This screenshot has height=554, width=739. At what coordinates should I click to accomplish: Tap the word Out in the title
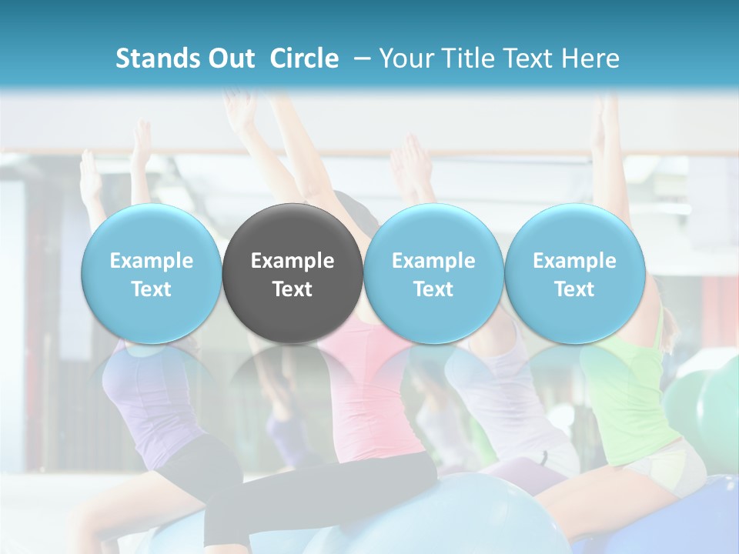[229, 58]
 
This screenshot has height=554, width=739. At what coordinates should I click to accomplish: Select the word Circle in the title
[304, 58]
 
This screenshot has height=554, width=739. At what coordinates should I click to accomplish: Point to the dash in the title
[359, 58]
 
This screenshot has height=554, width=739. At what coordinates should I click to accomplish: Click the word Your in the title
[404, 58]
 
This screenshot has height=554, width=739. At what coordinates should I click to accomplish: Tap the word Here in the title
[590, 58]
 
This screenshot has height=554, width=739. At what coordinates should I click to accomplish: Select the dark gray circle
[293, 231]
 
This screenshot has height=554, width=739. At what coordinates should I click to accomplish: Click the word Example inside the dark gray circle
[293, 261]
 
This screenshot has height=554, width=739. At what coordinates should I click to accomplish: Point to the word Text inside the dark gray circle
[293, 289]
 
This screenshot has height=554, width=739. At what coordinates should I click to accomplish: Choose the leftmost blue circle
[151, 231]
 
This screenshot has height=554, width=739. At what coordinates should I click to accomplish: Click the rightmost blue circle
[574, 231]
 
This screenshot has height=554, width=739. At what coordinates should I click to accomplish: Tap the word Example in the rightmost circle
[574, 261]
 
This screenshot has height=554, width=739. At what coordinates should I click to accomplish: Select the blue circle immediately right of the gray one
[433, 231]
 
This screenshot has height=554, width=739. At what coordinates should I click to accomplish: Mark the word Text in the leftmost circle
[151, 289]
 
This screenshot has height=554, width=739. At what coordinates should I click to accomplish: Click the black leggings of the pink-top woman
[323, 492]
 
